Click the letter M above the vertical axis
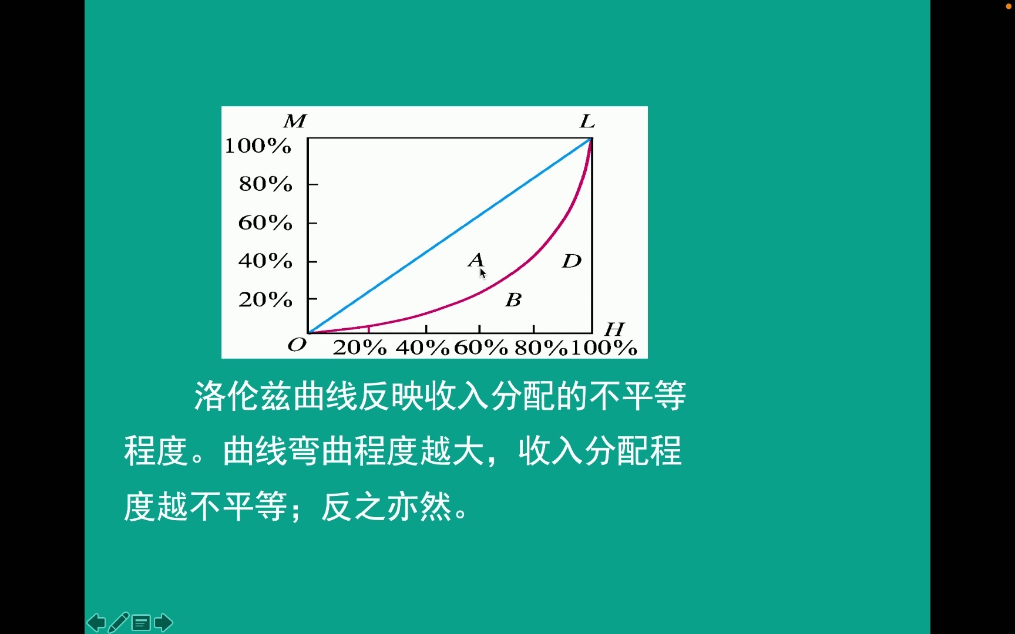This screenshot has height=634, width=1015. click(295, 121)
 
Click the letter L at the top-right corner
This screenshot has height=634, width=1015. click(587, 122)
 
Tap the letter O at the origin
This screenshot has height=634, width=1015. click(297, 345)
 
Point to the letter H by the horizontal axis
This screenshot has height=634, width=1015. click(614, 329)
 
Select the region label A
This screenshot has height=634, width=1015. click(476, 259)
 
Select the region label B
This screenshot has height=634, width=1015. click(513, 300)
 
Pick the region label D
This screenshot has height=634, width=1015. click(572, 261)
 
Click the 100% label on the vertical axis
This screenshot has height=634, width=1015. click(258, 146)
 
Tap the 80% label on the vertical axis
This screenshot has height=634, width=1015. click(265, 184)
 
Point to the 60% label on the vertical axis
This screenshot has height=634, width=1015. click(265, 222)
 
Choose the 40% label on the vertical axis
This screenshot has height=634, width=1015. click(265, 261)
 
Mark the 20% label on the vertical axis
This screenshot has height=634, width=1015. click(265, 299)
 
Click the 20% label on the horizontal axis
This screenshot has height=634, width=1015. click(359, 348)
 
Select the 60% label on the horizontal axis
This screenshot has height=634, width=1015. click(480, 348)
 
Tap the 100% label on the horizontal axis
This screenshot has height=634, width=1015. click(604, 348)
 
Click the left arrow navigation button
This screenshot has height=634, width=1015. click(96, 622)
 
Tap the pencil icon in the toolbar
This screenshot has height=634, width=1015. click(119, 622)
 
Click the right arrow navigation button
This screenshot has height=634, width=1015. click(163, 622)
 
